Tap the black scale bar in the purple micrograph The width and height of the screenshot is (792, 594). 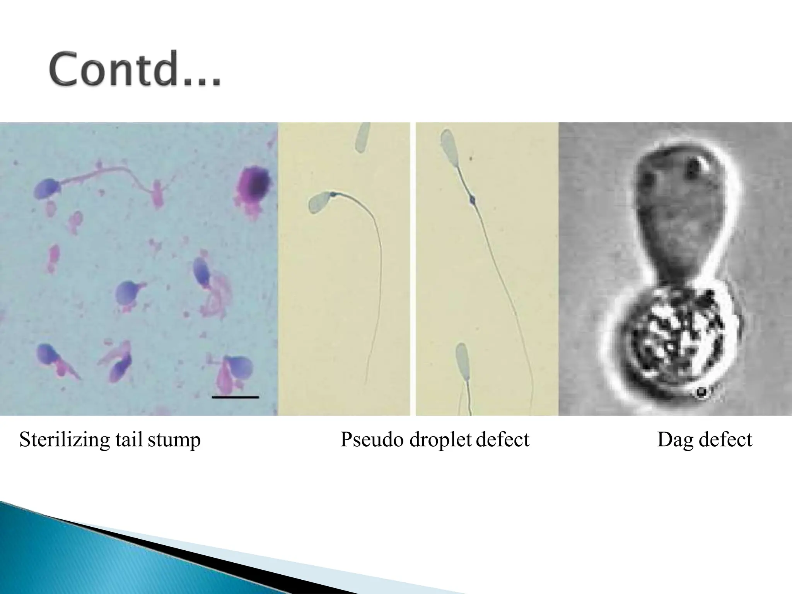pyautogui.click(x=236, y=397)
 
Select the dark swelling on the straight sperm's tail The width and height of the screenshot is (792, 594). pyautogui.click(x=472, y=200)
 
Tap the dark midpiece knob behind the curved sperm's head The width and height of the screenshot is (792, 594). pyautogui.click(x=333, y=194)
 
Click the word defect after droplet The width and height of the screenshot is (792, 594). pyautogui.click(x=502, y=440)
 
